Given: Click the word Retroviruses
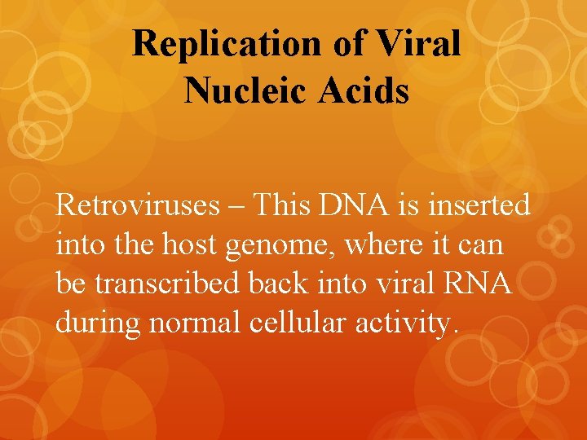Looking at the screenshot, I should click(137, 205).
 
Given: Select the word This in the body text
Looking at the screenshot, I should click(279, 205).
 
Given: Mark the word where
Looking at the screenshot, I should click(363, 244).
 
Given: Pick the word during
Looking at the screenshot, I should click(99, 323).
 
